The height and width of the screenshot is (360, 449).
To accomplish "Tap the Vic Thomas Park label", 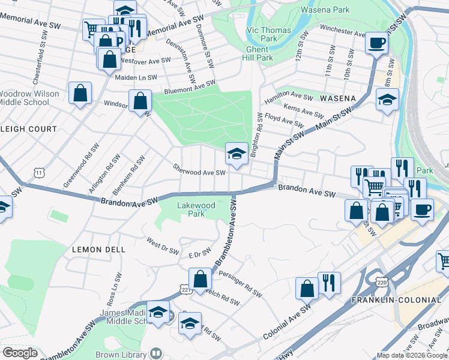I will (x=269, y=34).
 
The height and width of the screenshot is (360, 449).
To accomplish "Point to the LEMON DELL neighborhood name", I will (x=98, y=249).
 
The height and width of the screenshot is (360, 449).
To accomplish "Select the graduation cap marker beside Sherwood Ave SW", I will (x=237, y=153).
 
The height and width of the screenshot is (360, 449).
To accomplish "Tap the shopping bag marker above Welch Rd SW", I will (x=200, y=279).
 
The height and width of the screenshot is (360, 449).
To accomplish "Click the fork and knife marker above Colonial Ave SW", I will (x=329, y=283).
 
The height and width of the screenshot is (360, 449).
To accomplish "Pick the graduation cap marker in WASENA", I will (x=388, y=100).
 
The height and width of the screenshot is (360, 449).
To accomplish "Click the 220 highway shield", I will (x=381, y=281).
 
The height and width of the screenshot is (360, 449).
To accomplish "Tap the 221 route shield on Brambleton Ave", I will (x=185, y=290).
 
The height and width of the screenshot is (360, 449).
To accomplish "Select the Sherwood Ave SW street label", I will (x=199, y=171).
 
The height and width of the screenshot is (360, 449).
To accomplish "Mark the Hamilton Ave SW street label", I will (x=289, y=96).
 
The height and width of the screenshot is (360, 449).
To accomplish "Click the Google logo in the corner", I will (x=20, y=353).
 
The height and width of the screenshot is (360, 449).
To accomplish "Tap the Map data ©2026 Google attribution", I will (x=412, y=355).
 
